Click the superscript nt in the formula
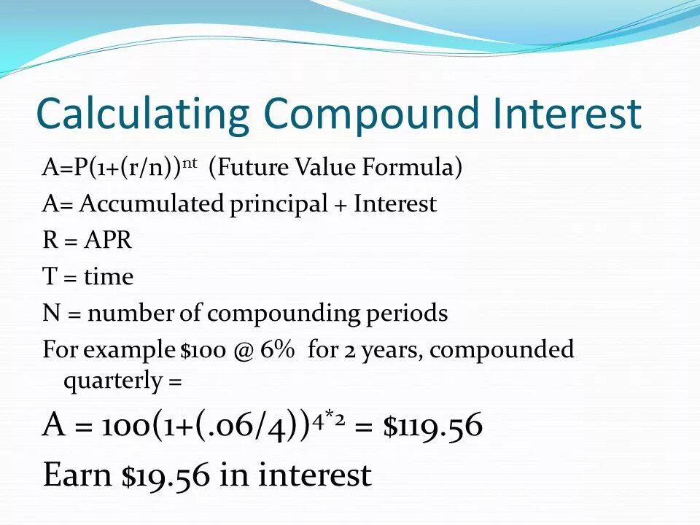click(190, 163)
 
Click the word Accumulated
click(152, 204)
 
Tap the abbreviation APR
click(108, 241)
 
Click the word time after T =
click(109, 277)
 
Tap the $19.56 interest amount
click(166, 475)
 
